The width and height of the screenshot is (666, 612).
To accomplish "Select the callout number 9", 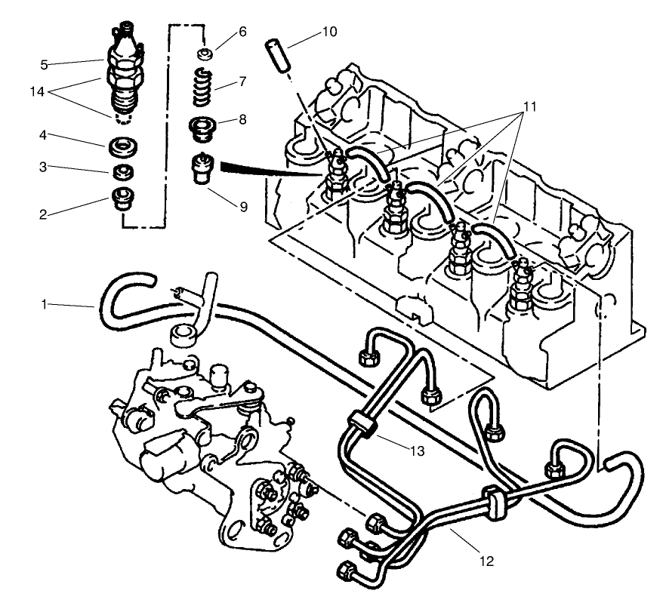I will coord(243,205).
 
